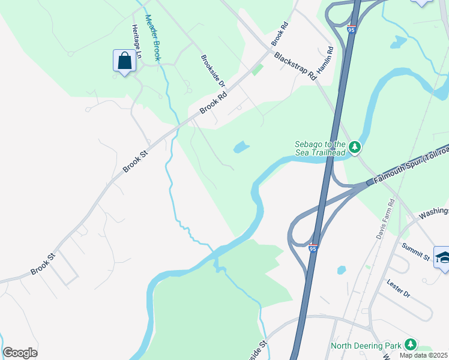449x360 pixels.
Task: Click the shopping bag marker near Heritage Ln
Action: click(124, 61)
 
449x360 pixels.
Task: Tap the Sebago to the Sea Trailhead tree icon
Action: click(355, 146)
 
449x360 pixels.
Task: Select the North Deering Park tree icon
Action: click(411, 344)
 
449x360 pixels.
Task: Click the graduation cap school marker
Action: click(442, 257)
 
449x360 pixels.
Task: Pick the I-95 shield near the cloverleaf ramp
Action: click(313, 247)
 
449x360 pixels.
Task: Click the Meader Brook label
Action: click(154, 37)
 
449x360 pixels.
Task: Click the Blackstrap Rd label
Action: click(295, 67)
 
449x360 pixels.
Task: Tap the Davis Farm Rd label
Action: click(384, 220)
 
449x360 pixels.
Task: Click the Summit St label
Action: click(416, 253)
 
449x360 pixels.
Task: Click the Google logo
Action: click(20, 353)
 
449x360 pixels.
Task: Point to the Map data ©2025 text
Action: click(423, 355)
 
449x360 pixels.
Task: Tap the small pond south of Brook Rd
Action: click(241, 147)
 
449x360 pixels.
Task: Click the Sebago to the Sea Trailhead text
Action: click(320, 148)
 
